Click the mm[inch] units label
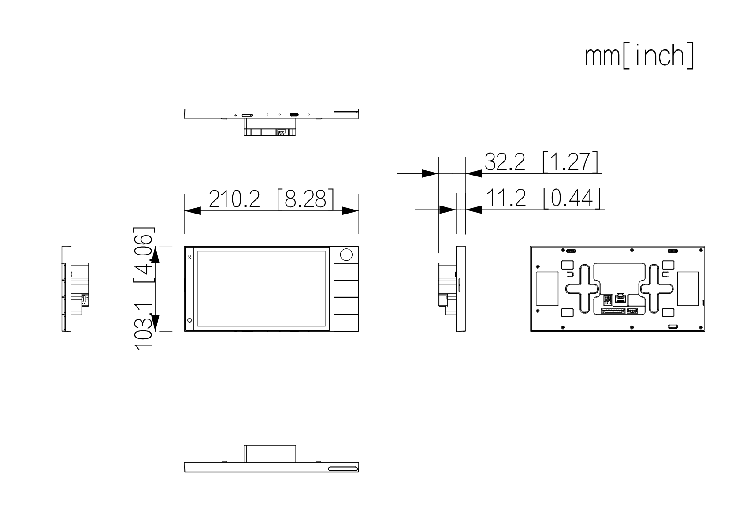tap(639, 56)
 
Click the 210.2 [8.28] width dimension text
tap(271, 199)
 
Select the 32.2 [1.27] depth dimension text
tap(542, 162)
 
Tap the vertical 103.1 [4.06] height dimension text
tap(144, 289)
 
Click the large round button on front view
tap(346, 255)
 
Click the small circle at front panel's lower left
tap(189, 320)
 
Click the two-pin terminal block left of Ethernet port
tap(607, 300)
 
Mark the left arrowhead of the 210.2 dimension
tap(192, 211)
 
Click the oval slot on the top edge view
tap(294, 115)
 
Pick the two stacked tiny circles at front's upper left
tap(190, 256)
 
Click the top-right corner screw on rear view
tap(701, 250)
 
